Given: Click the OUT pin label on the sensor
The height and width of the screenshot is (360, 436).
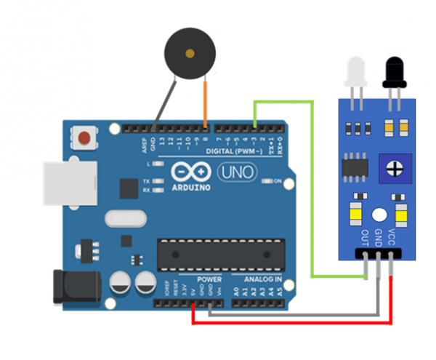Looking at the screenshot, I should pos(365,237).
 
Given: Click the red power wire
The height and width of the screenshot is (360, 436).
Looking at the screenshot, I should pos(291,322).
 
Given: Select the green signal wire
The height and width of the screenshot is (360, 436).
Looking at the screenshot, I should pos(312,189).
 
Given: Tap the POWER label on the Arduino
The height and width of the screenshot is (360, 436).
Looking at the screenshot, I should pos(209,279).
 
